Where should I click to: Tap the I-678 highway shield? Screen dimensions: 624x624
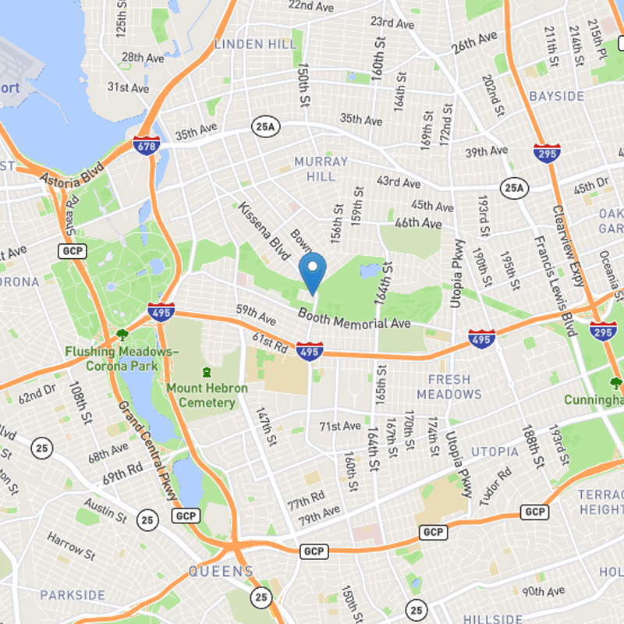tap(148, 144)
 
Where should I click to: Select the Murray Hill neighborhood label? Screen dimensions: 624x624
tap(321, 168)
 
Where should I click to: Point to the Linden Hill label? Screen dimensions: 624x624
tap(256, 44)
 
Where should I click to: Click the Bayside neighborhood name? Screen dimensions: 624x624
tap(556, 96)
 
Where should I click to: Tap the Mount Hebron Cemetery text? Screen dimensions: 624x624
tap(207, 395)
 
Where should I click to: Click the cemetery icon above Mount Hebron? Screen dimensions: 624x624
tap(207, 373)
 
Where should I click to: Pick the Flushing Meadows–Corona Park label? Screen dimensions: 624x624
tap(122, 358)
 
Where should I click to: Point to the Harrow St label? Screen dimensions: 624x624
tap(71, 546)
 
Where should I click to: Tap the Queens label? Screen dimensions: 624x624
tap(221, 572)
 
